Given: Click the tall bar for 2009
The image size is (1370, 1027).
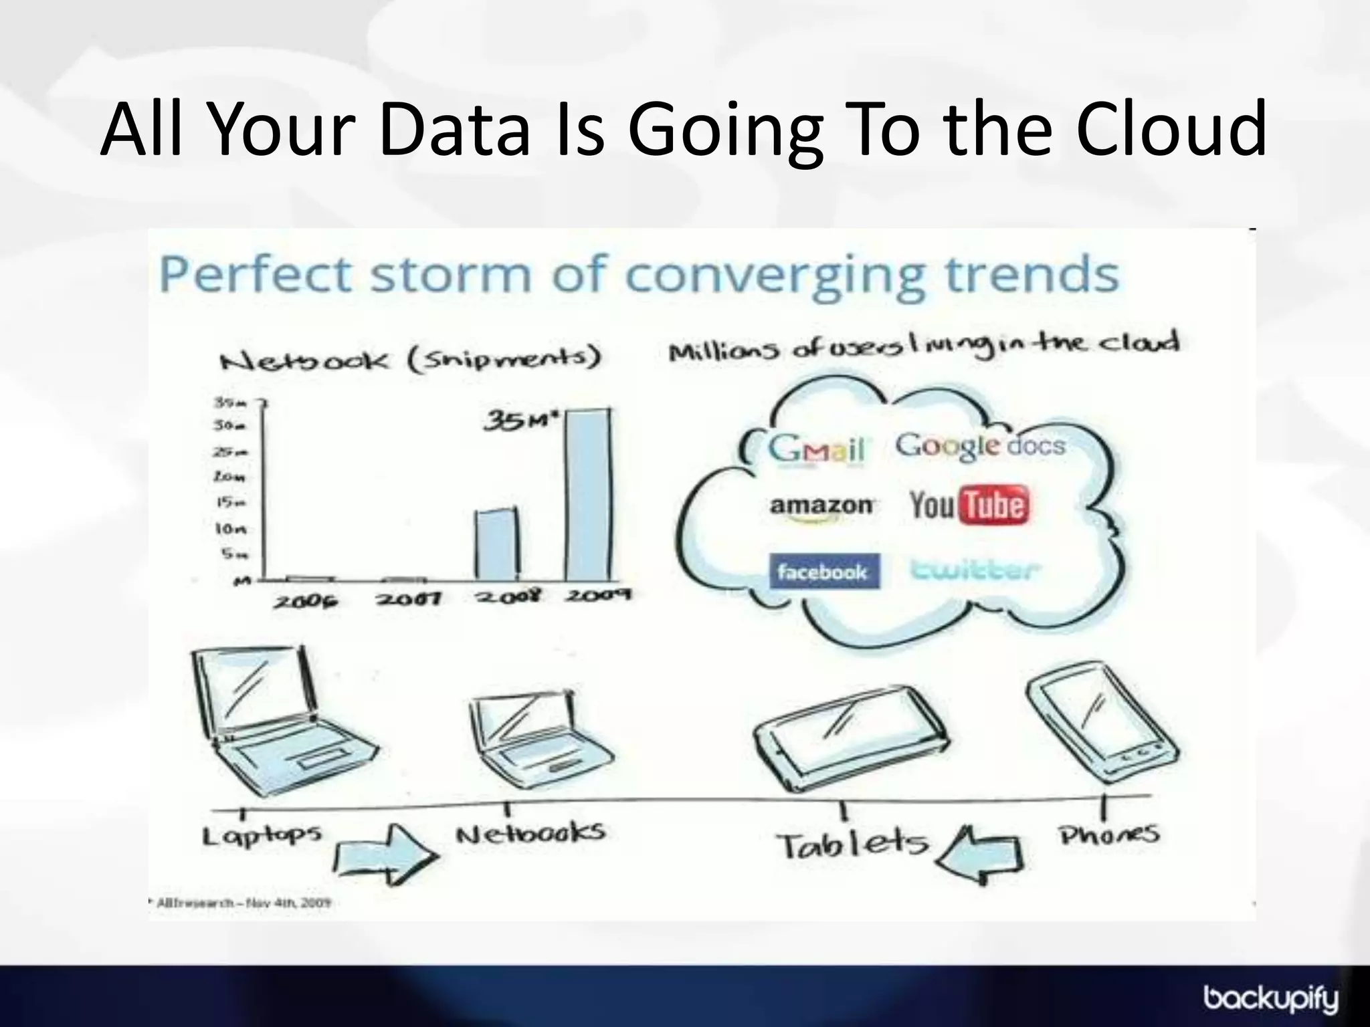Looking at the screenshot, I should [588, 495].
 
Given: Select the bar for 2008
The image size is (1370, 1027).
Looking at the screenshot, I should [497, 545].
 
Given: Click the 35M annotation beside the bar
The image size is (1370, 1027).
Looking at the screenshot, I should [521, 421].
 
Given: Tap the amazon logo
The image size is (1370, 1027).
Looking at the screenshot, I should [821, 507].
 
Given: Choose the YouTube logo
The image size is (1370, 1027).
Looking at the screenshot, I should [969, 505].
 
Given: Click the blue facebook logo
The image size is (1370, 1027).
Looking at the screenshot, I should [822, 572].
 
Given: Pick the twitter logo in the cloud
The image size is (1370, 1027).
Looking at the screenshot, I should [975, 570].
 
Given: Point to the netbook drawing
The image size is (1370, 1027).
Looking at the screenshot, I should [535, 739].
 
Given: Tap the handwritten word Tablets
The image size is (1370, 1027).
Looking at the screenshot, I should [852, 845].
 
